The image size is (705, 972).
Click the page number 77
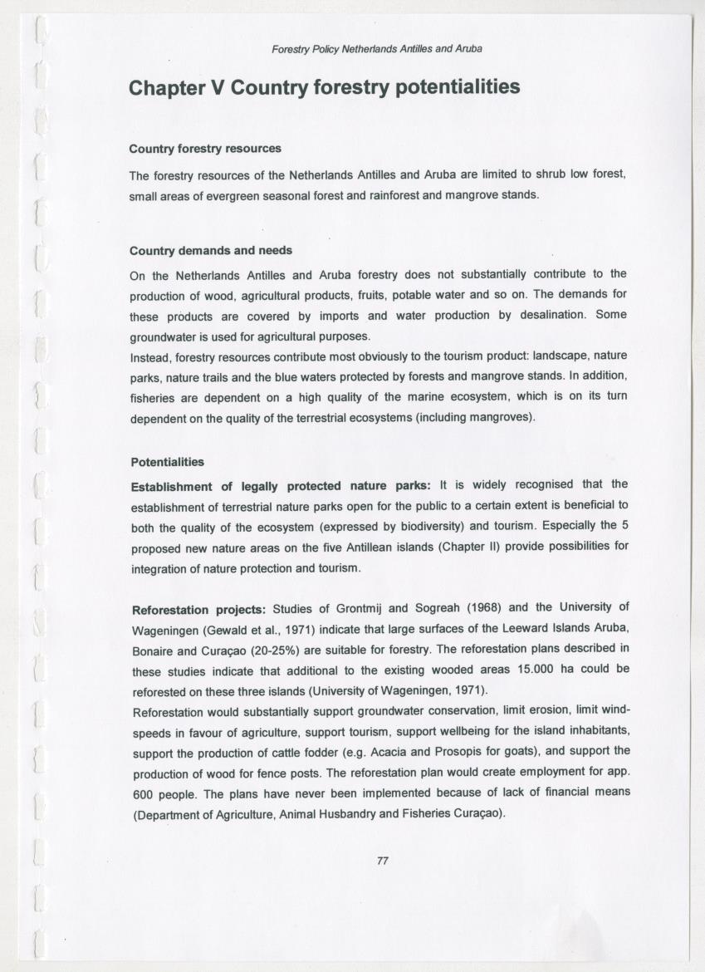click(382, 861)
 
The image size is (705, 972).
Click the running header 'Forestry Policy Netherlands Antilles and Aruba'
click(377, 49)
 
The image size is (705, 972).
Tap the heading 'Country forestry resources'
click(205, 149)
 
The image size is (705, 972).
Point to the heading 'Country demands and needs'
click(211, 250)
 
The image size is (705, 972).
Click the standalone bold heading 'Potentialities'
click(167, 461)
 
